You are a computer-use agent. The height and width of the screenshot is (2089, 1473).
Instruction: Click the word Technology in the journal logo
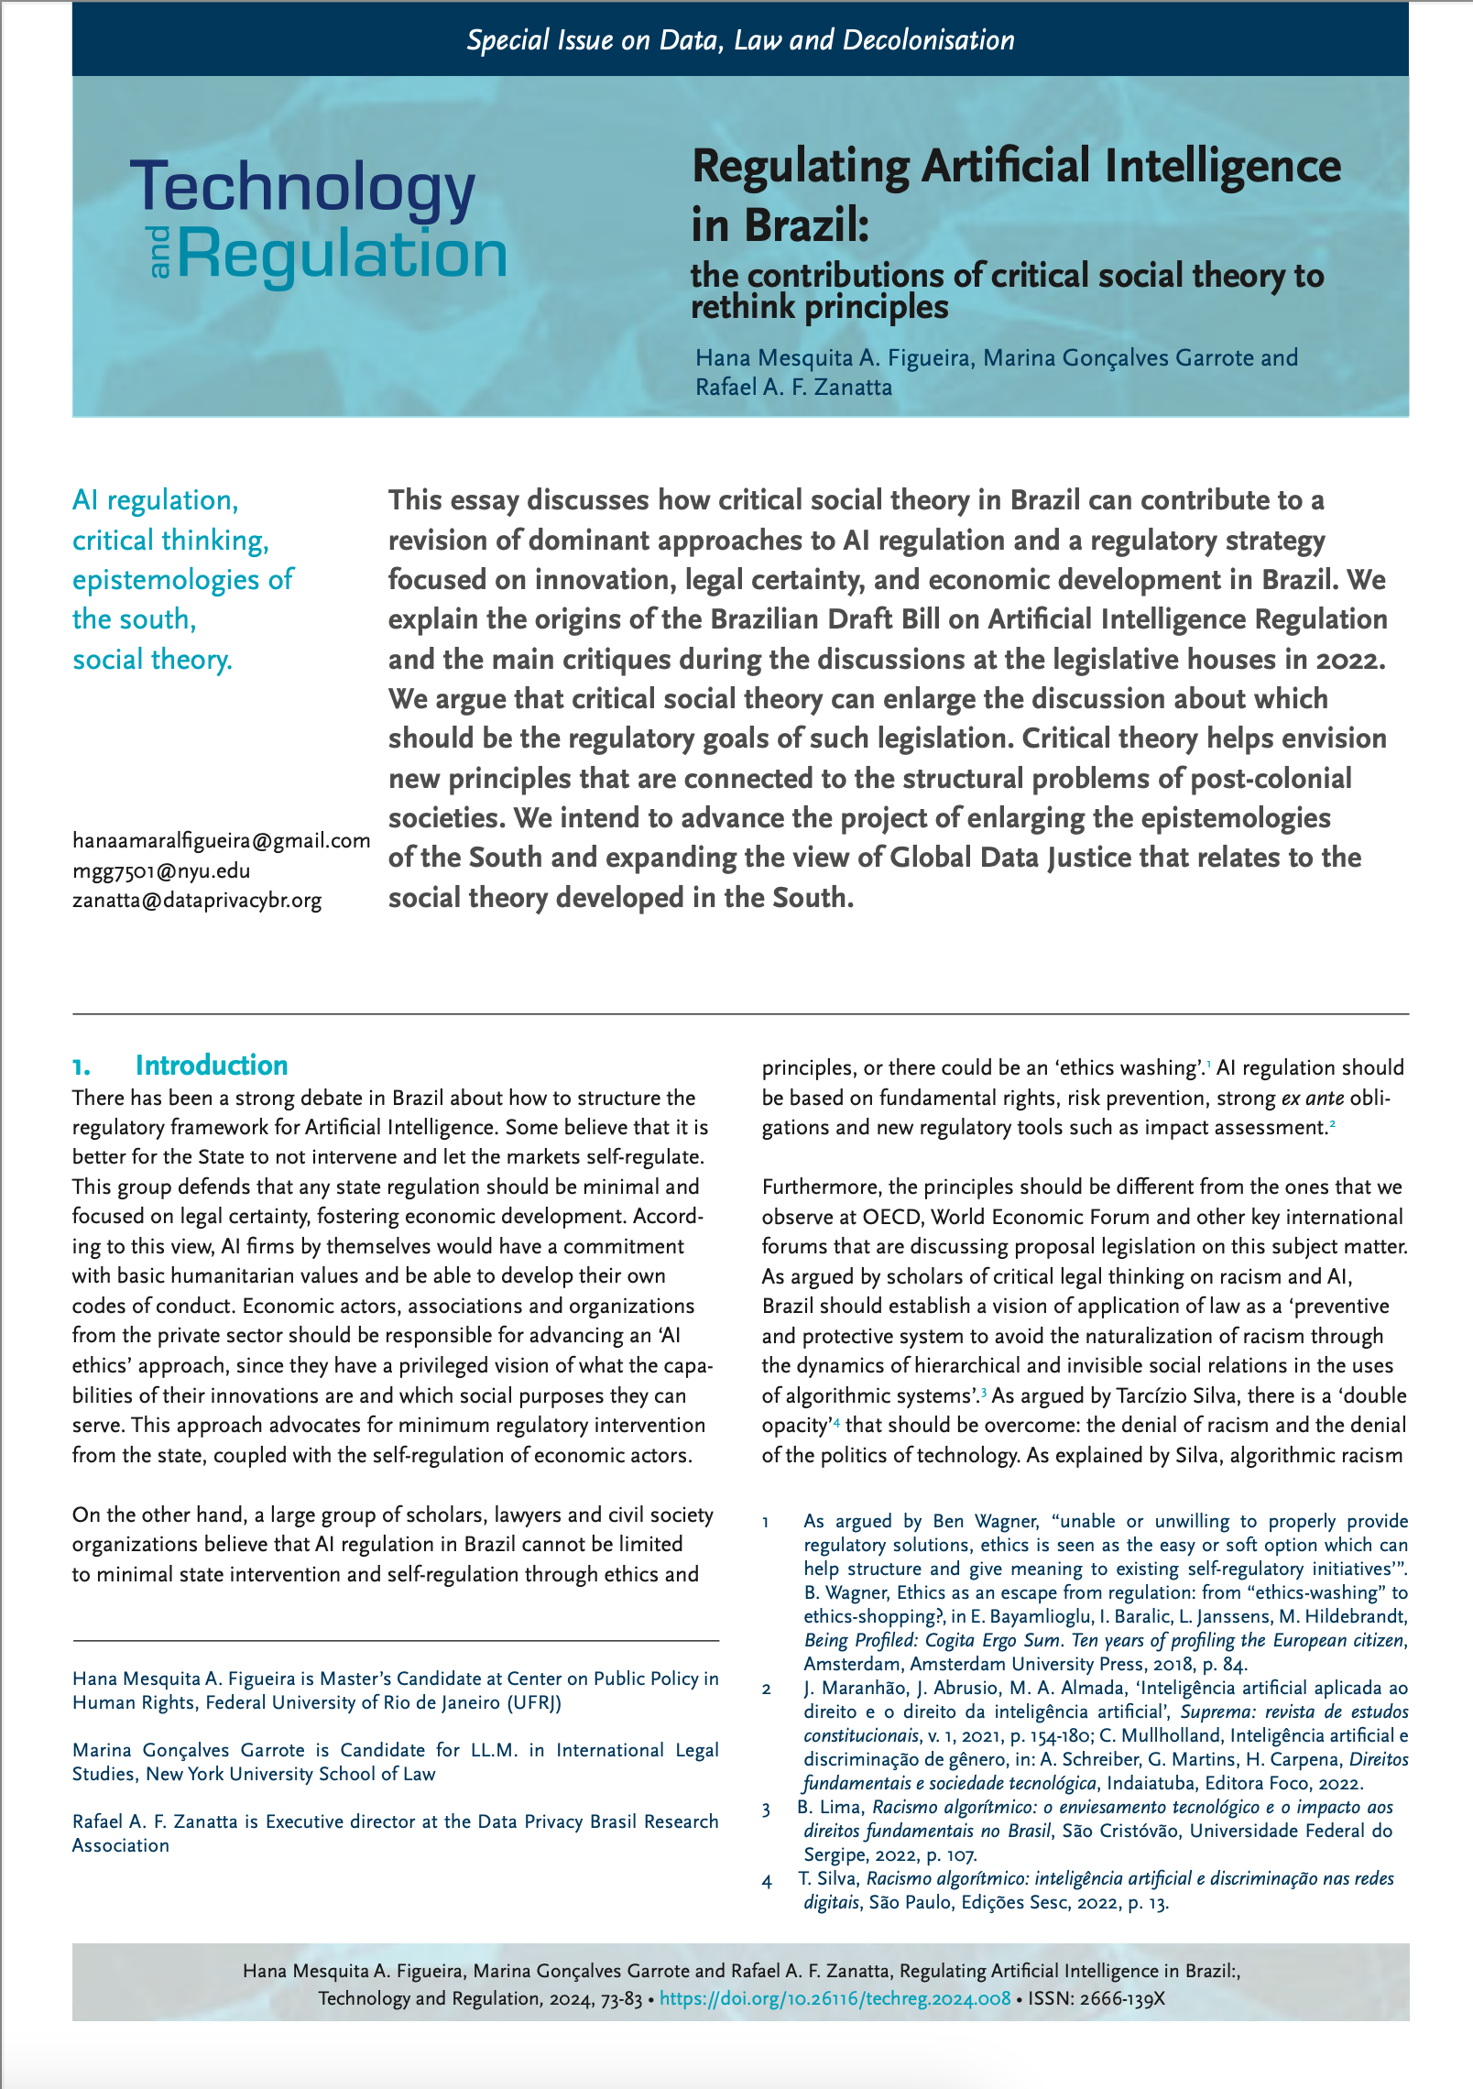[302, 188]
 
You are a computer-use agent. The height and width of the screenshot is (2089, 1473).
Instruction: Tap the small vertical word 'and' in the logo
[159, 253]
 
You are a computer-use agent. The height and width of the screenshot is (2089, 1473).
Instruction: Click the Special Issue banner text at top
[740, 40]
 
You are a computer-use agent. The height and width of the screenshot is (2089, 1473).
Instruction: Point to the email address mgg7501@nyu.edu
[161, 870]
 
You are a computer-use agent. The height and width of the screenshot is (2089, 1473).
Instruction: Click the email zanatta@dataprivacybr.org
[197, 900]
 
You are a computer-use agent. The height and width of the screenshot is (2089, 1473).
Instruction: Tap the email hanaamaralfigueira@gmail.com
[221, 840]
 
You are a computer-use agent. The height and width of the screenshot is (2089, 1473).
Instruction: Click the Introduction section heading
[211, 1065]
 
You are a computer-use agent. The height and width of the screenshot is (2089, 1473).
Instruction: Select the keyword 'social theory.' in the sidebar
[152, 659]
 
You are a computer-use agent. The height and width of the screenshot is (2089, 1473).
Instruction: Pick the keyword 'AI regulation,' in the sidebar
[155, 500]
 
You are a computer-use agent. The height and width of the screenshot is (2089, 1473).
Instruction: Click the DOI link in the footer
[835, 1998]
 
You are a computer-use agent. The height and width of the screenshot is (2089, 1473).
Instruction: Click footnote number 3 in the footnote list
[767, 1808]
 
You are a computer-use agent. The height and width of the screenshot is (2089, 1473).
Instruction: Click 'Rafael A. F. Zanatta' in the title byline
[793, 387]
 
